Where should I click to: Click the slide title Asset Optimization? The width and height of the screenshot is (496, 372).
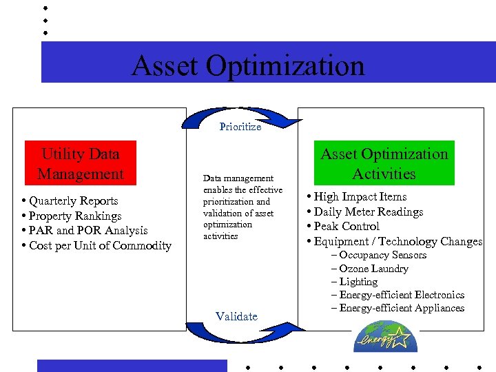[x=248, y=66]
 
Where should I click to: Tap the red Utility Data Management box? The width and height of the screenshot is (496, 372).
[x=81, y=164]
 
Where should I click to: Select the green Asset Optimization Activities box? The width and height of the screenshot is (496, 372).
[x=384, y=164]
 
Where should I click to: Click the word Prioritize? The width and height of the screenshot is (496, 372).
[x=240, y=127]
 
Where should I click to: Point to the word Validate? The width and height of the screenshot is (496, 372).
[x=236, y=316]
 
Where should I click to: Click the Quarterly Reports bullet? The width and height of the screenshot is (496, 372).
[x=73, y=201]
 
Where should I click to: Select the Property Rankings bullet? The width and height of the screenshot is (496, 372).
[x=75, y=216]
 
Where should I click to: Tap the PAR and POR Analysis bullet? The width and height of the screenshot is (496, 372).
[x=87, y=231]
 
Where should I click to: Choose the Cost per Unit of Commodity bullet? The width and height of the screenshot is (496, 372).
[x=100, y=246]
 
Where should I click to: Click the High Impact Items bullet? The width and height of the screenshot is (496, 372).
[x=360, y=197]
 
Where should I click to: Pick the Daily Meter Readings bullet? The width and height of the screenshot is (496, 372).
[x=368, y=212]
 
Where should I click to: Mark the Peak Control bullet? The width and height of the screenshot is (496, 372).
[x=346, y=227]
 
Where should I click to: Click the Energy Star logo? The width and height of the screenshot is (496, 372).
[x=382, y=337]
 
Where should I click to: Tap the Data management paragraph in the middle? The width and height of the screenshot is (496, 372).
[x=242, y=207]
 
